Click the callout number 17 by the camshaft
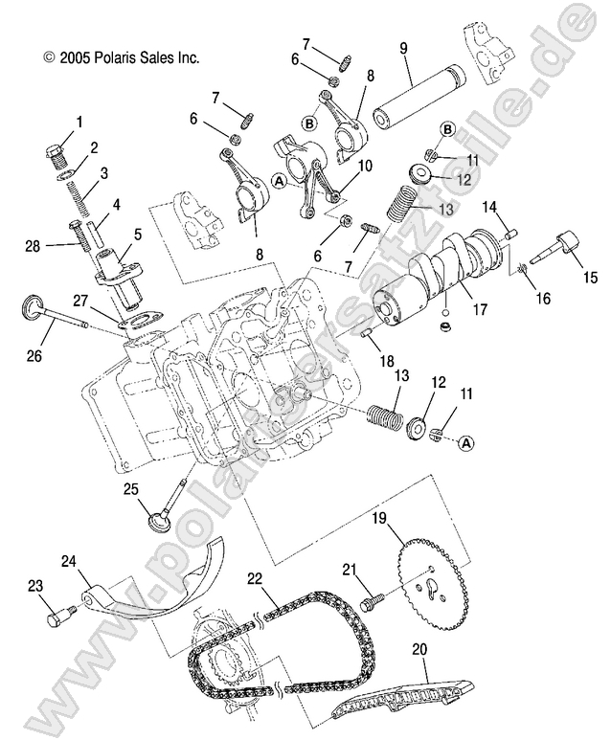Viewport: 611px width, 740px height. coord(480,309)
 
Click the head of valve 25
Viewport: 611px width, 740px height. coord(155,523)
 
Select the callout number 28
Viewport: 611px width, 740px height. coord(34,246)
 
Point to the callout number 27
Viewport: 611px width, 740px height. coord(82,300)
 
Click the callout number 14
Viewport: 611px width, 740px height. coord(488,206)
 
